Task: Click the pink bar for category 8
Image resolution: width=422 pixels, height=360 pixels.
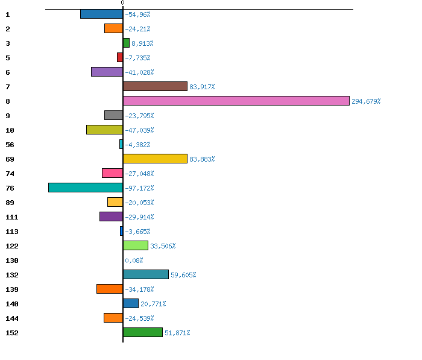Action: [x=236, y=101]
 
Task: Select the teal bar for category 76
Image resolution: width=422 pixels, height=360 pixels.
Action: [x=86, y=188]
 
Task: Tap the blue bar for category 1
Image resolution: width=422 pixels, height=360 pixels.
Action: [x=101, y=14]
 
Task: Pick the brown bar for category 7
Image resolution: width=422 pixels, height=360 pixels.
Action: [x=155, y=86]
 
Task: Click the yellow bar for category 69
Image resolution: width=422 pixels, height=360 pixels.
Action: [x=155, y=159]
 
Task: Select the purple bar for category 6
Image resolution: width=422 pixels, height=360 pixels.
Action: [x=107, y=72]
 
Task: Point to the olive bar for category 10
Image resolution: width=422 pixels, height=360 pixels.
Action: [x=104, y=130]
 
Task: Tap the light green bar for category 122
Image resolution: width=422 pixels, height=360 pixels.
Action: [x=136, y=245]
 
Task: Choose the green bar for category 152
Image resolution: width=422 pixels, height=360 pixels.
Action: [x=143, y=332]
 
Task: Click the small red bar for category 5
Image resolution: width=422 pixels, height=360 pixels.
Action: [x=120, y=57]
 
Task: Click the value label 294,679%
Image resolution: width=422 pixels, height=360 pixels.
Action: [x=366, y=101]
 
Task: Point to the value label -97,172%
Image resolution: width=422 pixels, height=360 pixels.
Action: [x=139, y=188]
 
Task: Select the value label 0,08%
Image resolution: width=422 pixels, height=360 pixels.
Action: [x=134, y=261]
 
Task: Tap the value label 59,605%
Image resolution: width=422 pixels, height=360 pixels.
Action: [x=183, y=275]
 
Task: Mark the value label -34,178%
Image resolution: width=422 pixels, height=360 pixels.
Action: [x=139, y=289]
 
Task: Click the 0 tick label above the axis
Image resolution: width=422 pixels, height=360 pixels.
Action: [x=123, y=3]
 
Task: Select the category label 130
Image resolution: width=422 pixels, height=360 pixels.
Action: [x=11, y=261]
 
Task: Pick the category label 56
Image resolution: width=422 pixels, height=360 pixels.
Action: [x=9, y=145]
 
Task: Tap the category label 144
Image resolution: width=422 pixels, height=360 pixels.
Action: [x=11, y=318]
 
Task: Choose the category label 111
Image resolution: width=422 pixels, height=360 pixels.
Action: [x=11, y=217]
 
